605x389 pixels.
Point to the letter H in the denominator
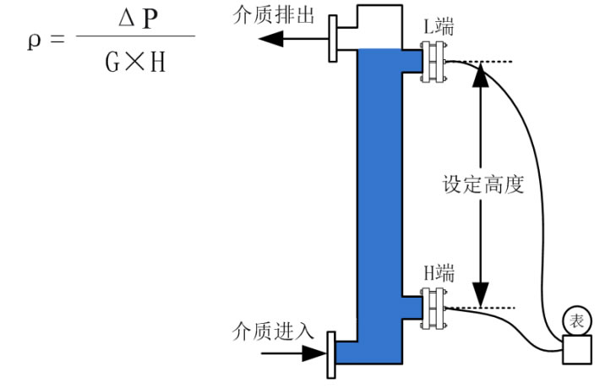(155, 62)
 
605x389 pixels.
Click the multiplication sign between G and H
(134, 62)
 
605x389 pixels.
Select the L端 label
(439, 26)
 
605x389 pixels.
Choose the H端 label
(439, 272)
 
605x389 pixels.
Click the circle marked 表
(576, 321)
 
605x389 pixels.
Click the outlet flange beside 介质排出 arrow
(333, 39)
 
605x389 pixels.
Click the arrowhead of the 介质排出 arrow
(268, 39)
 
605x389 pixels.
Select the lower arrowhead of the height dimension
(480, 298)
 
